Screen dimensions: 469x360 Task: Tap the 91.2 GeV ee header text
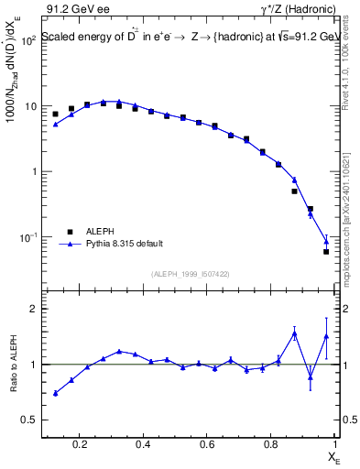73,9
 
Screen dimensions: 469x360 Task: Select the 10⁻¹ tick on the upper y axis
29,237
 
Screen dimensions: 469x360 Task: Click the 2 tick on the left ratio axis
34,309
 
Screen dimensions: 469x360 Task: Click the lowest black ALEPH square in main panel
326,251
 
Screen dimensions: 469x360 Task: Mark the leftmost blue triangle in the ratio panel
56,393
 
